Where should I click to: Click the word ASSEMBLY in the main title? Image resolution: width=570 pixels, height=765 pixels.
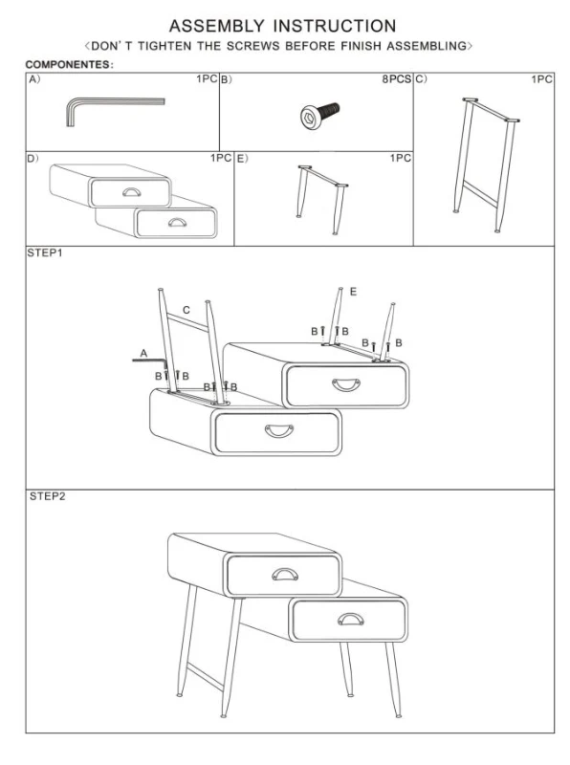[217, 26]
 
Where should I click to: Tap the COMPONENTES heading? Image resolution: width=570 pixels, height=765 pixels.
[69, 64]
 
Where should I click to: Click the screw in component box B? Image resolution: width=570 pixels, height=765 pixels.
[319, 115]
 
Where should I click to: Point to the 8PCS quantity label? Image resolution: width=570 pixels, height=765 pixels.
[396, 79]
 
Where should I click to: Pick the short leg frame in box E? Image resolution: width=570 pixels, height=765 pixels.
[322, 200]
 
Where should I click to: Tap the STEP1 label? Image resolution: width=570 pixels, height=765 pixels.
[45, 252]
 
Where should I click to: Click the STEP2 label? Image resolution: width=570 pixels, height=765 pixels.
[47, 496]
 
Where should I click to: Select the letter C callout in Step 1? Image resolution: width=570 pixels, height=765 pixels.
[186, 310]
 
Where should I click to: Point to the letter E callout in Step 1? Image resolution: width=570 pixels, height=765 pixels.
[353, 292]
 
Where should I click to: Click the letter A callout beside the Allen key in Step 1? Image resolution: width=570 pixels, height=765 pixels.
[143, 353]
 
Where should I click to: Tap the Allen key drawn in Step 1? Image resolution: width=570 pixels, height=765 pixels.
[150, 362]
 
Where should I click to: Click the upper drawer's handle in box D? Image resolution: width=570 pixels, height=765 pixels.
[131, 192]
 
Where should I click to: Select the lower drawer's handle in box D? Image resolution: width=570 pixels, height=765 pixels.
[177, 223]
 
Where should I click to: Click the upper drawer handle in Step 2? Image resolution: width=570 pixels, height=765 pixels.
[285, 575]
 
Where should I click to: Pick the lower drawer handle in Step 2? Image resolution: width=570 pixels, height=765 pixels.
[350, 619]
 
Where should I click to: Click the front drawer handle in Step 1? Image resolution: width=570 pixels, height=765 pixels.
[279, 431]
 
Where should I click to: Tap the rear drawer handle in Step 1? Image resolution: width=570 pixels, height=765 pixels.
[346, 384]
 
